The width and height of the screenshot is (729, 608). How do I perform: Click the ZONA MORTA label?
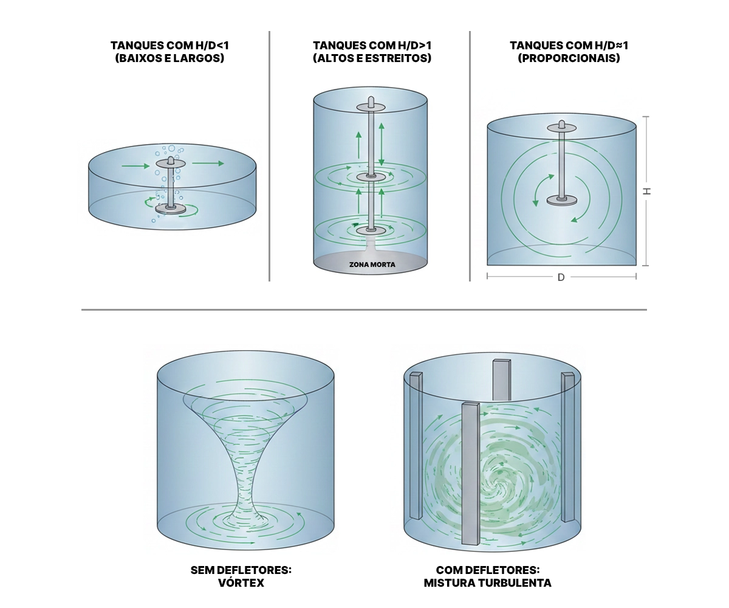pyautogui.click(x=372, y=264)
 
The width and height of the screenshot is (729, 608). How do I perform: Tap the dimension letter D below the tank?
pyautogui.click(x=561, y=277)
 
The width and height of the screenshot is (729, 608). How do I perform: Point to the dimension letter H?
pyautogui.click(x=647, y=191)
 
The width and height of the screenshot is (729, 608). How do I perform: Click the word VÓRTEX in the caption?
pyautogui.click(x=241, y=582)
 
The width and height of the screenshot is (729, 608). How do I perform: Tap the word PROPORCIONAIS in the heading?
pyautogui.click(x=569, y=58)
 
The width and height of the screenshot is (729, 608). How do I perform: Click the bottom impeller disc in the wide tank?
pyautogui.click(x=171, y=209)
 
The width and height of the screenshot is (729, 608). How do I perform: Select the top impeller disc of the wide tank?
pyautogui.click(x=171, y=163)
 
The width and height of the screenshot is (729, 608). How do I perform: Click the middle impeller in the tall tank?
pyautogui.click(x=371, y=177)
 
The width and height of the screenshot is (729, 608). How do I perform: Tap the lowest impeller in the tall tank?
pyautogui.click(x=371, y=230)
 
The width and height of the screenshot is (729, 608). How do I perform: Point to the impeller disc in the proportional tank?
pyautogui.click(x=561, y=201)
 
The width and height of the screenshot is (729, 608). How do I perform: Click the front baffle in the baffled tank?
pyautogui.click(x=470, y=474)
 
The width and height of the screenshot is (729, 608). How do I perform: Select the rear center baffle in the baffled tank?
pyautogui.click(x=502, y=380)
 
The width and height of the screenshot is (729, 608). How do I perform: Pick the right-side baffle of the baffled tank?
pyautogui.click(x=567, y=447)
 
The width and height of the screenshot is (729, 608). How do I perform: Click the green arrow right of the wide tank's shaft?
pyautogui.click(x=208, y=163)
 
